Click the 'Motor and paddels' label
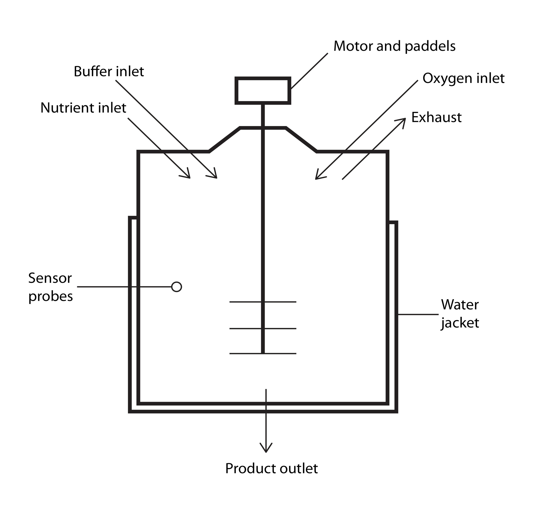coord(394,46)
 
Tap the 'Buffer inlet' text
coord(108,71)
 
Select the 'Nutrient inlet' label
coord(83,108)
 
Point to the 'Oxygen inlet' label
coord(463,78)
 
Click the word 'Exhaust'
coord(436,117)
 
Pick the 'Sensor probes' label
coord(51,287)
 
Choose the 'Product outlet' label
coord(271,469)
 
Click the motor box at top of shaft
coord(263,91)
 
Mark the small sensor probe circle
coord(177,287)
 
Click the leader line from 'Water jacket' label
coord(418,315)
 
